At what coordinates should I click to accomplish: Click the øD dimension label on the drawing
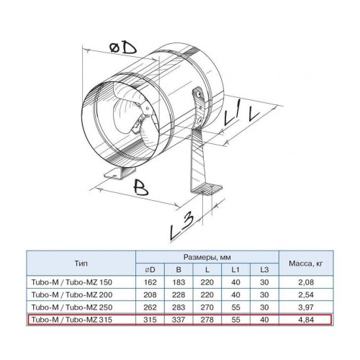(x=123, y=48)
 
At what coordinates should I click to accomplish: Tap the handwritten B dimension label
(x=140, y=187)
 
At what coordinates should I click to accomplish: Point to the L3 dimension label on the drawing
(x=181, y=227)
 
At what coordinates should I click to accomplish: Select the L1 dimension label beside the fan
(x=231, y=114)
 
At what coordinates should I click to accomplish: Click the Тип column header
(x=81, y=264)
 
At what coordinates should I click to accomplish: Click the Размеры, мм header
(x=207, y=257)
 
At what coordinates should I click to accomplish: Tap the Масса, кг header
(x=306, y=264)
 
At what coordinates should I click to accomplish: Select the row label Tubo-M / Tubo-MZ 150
(x=72, y=282)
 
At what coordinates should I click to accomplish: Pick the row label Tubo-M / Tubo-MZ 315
(x=72, y=320)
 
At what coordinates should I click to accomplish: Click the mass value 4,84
(x=306, y=320)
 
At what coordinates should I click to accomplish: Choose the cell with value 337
(x=179, y=320)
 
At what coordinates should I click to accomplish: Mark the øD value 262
(x=150, y=307)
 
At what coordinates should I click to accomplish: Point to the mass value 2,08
(x=306, y=282)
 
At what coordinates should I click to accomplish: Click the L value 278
(x=207, y=320)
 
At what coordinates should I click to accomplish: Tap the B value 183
(x=179, y=282)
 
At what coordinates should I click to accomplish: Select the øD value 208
(x=150, y=294)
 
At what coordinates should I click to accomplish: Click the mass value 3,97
(x=306, y=307)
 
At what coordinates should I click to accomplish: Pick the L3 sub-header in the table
(x=264, y=269)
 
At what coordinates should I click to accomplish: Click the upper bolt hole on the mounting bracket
(x=199, y=94)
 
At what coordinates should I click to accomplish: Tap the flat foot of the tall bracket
(x=207, y=189)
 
